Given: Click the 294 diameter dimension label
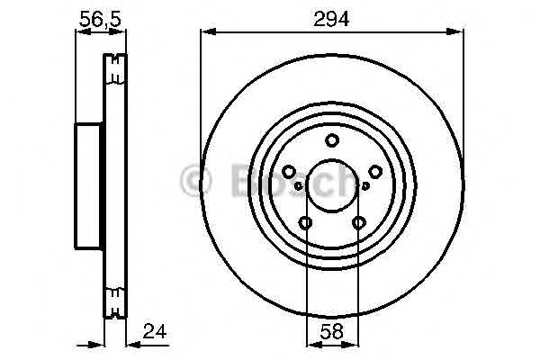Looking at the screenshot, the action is click(331, 19).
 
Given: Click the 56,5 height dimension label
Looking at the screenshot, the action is click(100, 19).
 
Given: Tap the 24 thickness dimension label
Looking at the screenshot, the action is click(155, 331).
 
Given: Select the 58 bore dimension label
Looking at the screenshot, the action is click(332, 331).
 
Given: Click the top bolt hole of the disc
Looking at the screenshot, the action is click(332, 140).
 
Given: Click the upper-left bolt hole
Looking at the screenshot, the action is click(289, 171).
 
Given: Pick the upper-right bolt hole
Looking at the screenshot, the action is click(375, 171).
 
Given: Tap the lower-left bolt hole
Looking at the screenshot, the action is click(305, 222).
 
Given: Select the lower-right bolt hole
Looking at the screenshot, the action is click(359, 222).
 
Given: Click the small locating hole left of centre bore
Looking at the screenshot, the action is click(299, 186).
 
